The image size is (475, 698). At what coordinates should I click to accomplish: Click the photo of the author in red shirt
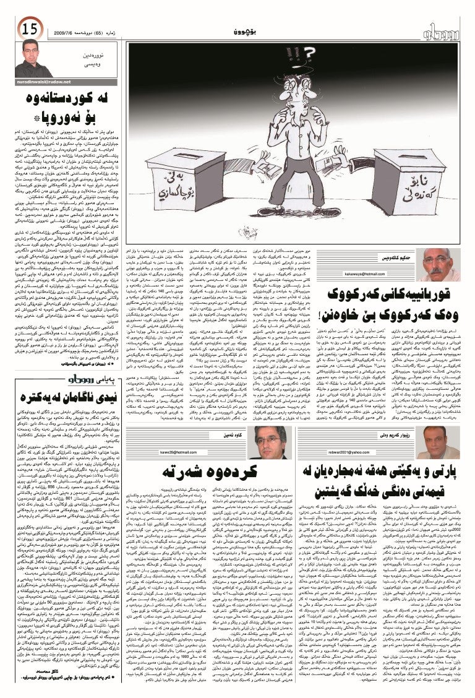pos(30,59)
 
